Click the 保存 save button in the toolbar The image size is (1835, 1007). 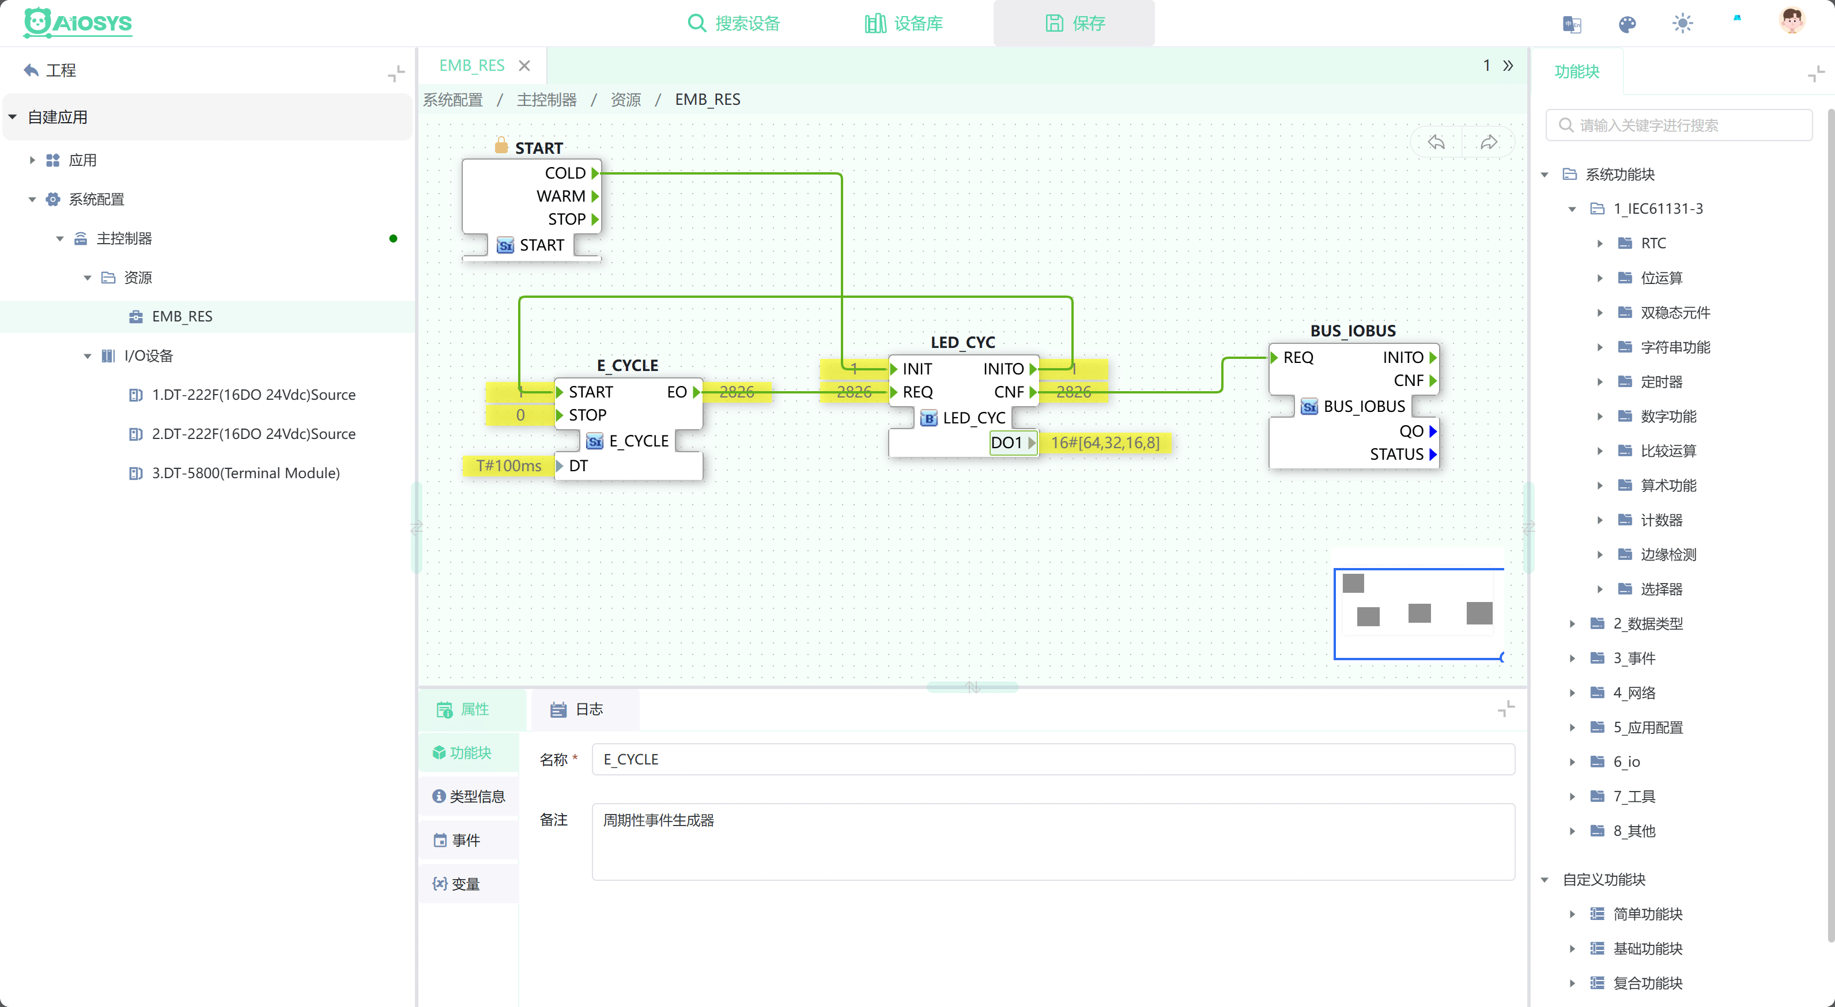(1074, 24)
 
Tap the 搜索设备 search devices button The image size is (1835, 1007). (734, 24)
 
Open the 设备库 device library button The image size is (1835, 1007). (903, 24)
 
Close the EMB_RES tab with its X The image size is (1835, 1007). (524, 66)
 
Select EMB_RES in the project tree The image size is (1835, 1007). (182, 316)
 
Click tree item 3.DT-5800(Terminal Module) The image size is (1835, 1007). (245, 473)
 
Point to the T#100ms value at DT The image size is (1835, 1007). (509, 465)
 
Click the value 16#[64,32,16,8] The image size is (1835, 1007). (1105, 442)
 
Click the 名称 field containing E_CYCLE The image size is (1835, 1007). (1053, 759)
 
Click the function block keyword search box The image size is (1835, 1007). (1679, 126)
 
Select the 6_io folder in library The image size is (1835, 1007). (1626, 762)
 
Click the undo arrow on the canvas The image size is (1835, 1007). (1436, 142)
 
